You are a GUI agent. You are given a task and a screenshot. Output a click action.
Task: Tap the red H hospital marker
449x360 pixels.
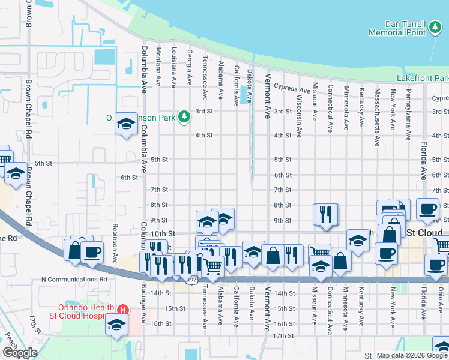click(123, 310)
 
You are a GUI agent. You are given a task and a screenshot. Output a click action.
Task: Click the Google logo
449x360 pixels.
click(19, 352)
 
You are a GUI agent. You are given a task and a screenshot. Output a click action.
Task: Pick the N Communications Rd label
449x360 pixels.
click(74, 279)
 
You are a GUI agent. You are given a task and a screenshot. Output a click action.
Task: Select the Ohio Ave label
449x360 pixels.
click(440, 310)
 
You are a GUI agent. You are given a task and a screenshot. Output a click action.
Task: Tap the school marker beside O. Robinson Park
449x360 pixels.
click(126, 124)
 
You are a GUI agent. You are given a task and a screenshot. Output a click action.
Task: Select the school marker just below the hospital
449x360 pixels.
click(115, 326)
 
